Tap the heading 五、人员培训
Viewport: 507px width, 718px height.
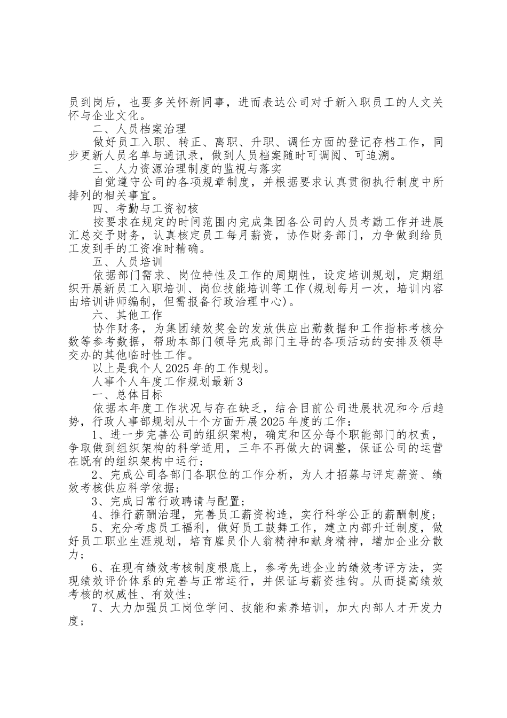click(x=127, y=262)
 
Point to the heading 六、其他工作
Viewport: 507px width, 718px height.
click(x=127, y=315)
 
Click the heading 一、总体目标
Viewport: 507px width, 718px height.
click(x=127, y=395)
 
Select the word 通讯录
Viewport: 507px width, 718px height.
click(x=209, y=155)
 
